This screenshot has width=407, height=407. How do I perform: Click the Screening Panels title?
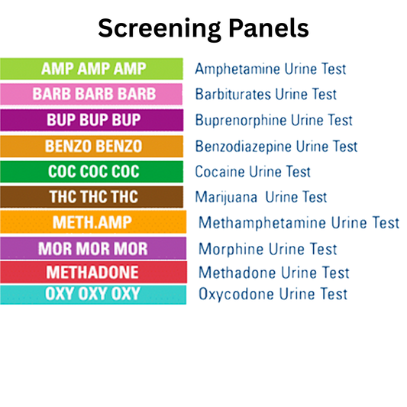click(203, 28)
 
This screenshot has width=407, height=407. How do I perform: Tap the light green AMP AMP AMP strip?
click(92, 68)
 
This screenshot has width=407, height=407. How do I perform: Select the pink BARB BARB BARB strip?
click(92, 94)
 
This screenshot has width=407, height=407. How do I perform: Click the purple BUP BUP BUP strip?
click(92, 120)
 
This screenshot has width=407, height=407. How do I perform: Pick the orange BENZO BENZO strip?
click(92, 146)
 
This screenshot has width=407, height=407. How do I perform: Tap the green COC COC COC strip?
click(92, 172)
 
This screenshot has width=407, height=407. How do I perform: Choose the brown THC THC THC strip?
click(92, 197)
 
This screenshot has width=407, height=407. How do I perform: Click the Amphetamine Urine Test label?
click(270, 69)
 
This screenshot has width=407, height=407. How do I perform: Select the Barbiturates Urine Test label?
click(266, 95)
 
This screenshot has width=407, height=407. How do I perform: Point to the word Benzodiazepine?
click(243, 147)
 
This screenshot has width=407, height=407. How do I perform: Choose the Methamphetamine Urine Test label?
click(299, 223)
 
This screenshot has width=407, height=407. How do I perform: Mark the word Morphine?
click(228, 249)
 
